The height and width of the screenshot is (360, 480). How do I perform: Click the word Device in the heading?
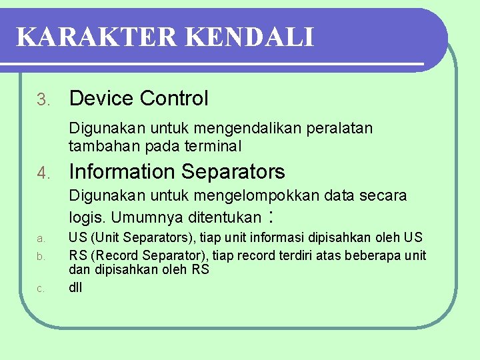click(x=101, y=99)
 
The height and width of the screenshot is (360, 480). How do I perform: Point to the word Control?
click(x=174, y=99)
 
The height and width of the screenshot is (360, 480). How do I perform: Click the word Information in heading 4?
click(x=121, y=172)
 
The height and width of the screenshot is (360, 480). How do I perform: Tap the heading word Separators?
click(x=233, y=172)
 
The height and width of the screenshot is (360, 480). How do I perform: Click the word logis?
click(x=87, y=218)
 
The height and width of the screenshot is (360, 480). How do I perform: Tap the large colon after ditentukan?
click(x=271, y=217)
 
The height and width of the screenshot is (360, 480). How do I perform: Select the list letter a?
click(x=41, y=239)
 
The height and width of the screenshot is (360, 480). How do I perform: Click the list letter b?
click(x=41, y=256)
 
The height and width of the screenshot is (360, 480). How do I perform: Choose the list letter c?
click(x=41, y=289)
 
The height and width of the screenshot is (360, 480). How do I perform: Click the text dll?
click(x=75, y=287)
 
